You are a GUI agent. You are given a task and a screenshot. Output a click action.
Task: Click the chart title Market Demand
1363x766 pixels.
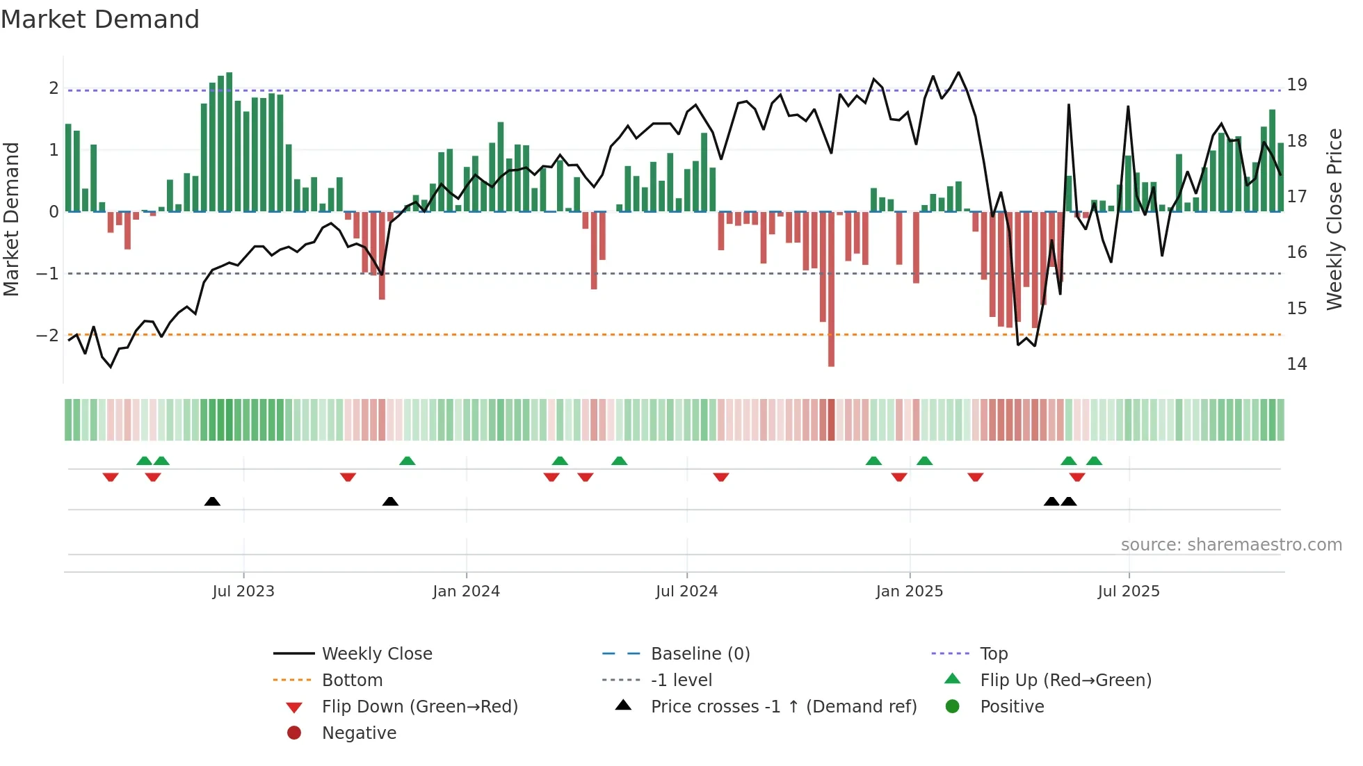[x=100, y=19]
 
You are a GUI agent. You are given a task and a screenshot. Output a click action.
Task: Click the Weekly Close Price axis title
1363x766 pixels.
[x=1334, y=219]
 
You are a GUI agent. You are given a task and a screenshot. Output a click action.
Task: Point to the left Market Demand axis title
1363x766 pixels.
[x=11, y=219]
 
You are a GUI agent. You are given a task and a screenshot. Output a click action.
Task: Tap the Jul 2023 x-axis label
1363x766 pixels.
[x=243, y=592]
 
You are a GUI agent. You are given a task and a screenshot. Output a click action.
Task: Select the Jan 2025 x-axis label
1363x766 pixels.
[x=909, y=592]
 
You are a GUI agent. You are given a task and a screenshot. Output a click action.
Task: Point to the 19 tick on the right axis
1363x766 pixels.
[x=1296, y=85]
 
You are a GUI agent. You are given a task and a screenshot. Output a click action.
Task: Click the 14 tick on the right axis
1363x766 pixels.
[x=1296, y=364]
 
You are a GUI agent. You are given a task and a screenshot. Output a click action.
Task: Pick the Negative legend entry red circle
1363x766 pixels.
[x=294, y=733]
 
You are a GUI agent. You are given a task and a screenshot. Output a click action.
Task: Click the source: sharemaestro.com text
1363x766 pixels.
[x=1231, y=545]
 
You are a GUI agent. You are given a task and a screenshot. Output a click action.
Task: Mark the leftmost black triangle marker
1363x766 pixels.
[x=212, y=502]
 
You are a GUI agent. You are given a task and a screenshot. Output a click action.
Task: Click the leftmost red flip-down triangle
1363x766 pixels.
[x=111, y=477]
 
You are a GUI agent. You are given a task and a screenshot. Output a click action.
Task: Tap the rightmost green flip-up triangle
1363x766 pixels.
[x=1094, y=461]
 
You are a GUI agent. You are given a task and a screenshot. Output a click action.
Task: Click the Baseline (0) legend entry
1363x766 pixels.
[x=700, y=654]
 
